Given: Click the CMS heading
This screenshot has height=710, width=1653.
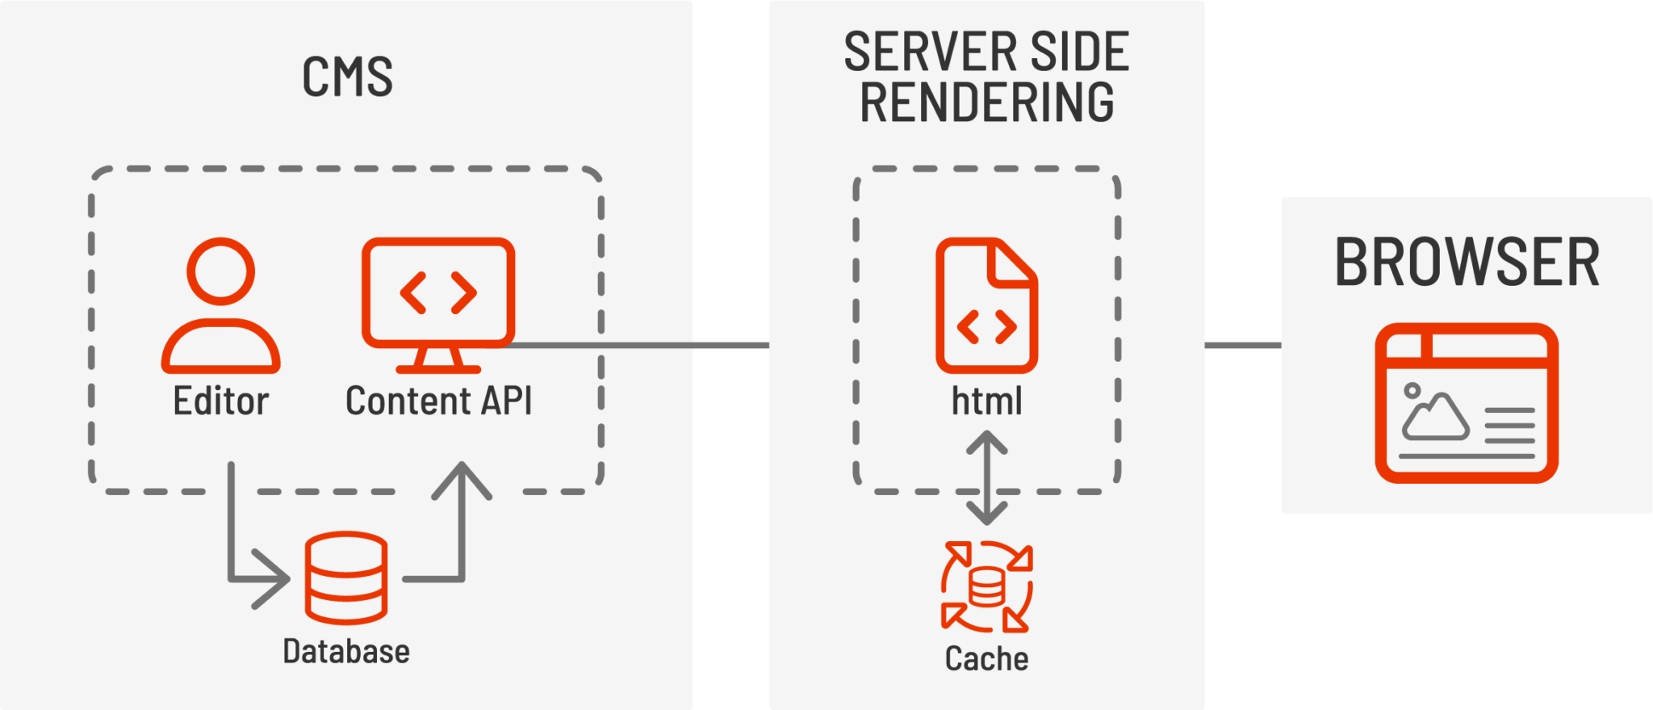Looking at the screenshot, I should click(347, 77).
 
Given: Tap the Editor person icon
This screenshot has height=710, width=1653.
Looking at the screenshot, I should click(220, 305).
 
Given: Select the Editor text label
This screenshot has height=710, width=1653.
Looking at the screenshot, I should click(220, 401).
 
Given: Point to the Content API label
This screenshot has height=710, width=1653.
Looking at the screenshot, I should click(438, 401).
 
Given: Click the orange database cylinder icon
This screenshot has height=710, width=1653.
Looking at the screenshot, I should click(346, 578).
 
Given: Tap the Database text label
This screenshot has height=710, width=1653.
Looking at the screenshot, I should click(346, 651).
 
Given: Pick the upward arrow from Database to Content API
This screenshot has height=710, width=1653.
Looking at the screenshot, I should click(462, 525).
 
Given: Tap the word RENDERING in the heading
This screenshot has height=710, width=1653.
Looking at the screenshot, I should click(986, 103).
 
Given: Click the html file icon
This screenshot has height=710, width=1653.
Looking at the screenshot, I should click(986, 305).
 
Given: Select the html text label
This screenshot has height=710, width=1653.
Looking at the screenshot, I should click(986, 401).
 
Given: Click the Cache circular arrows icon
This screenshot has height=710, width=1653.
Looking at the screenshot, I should click(986, 586).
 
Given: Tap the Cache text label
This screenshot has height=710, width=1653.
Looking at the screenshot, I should click(986, 659).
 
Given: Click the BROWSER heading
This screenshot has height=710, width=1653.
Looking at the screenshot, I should click(1467, 263).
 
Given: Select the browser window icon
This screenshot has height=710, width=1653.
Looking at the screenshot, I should click(1467, 403).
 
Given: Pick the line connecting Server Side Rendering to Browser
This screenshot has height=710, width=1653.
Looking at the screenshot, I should click(1243, 346).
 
